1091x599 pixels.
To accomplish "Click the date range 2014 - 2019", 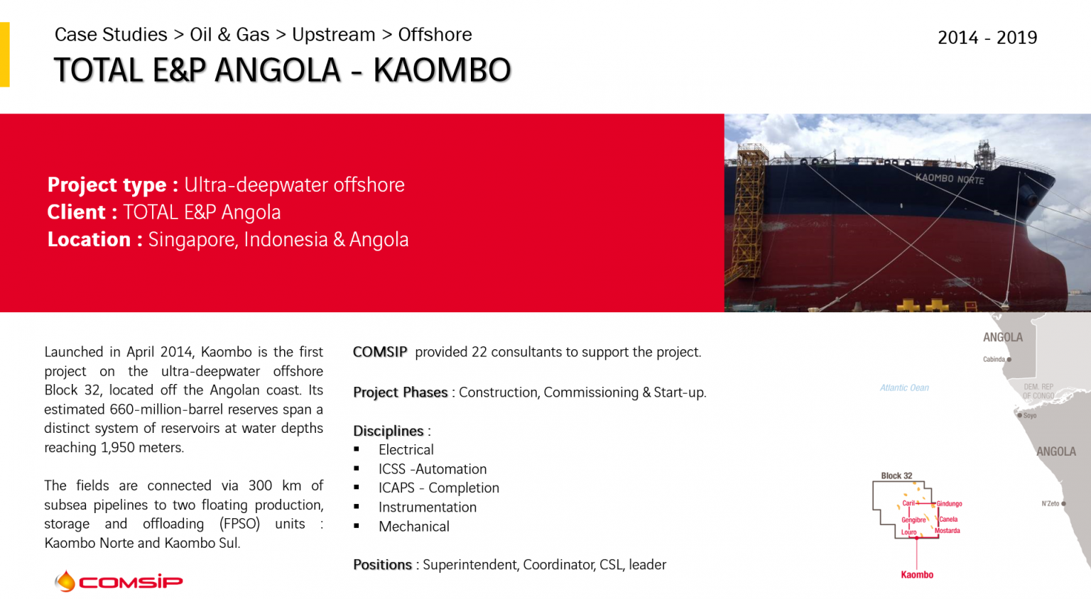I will [987, 38].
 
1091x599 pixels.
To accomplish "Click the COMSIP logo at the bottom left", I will [119, 582].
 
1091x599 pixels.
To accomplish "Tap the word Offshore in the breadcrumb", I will [435, 35].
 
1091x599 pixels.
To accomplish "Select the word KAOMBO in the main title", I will [442, 70].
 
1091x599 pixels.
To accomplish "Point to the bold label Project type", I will [107, 185].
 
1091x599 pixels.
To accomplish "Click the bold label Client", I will [76, 212].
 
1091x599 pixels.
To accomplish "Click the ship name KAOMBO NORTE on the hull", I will [949, 179].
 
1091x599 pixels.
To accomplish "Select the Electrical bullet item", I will [406, 450].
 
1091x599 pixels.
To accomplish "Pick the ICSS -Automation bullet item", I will [432, 469].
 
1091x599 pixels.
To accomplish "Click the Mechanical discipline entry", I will [413, 527].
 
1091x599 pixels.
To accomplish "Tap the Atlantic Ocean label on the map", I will [904, 388].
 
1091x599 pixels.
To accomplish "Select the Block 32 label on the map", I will [896, 476].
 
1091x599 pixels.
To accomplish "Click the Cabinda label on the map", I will [994, 360].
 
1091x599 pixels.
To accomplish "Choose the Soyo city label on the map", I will [1029, 416].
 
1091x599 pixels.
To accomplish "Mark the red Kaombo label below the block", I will [917, 575].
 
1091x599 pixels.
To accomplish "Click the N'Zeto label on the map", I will [1051, 504].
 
